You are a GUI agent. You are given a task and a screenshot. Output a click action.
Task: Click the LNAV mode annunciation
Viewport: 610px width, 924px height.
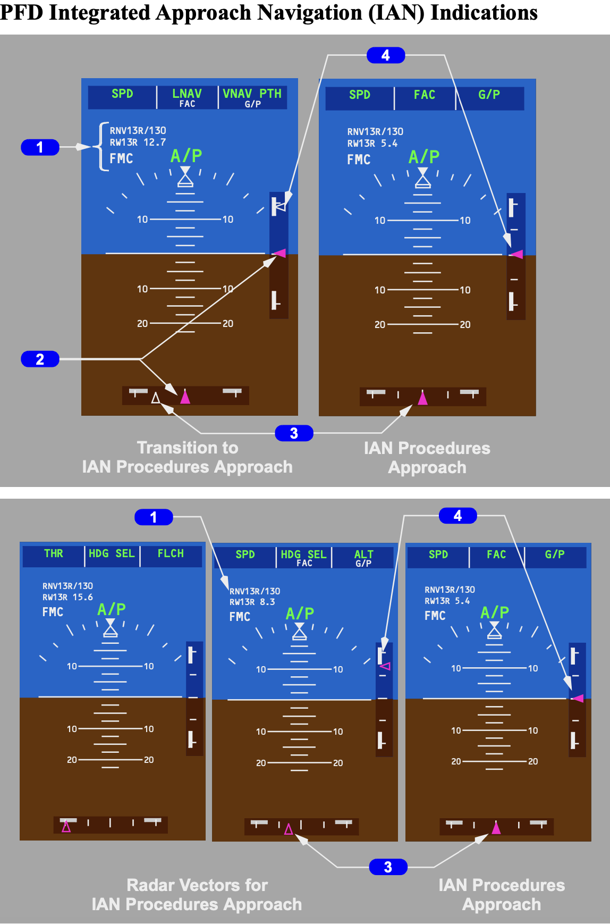187,94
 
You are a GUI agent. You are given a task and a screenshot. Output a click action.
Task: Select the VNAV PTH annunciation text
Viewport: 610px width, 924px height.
252,94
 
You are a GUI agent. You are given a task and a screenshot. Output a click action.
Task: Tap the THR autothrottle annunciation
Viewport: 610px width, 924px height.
54,553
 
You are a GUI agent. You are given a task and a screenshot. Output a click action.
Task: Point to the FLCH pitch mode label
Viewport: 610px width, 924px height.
171,553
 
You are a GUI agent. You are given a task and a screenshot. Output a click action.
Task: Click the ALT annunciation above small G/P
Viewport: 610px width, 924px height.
364,554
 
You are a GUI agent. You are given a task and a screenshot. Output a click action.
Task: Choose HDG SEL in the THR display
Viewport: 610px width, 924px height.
112,553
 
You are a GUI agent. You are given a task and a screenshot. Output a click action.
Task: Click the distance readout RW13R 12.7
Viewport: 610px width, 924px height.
138,142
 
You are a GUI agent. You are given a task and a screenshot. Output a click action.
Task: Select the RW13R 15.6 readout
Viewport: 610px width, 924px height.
67,597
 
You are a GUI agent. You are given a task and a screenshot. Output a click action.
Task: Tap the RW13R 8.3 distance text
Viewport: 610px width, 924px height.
252,602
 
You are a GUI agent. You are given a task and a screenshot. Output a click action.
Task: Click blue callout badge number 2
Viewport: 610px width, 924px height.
40,359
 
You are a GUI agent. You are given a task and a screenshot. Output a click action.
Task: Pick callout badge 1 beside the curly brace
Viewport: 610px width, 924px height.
40,147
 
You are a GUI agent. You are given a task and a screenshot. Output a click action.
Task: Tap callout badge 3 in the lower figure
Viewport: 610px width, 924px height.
388,867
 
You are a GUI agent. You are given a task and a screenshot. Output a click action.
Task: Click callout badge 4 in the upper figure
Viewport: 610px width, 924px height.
386,55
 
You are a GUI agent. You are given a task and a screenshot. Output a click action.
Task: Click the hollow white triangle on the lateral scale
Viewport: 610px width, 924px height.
156,398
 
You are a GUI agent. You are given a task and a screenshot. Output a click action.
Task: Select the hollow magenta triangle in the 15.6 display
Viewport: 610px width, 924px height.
66,827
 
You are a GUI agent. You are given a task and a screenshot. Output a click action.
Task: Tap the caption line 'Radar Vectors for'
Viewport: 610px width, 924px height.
197,885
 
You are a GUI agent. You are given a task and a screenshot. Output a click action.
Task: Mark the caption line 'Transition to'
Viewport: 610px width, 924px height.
188,448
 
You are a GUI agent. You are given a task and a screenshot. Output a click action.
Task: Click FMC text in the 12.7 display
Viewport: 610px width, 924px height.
121,158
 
